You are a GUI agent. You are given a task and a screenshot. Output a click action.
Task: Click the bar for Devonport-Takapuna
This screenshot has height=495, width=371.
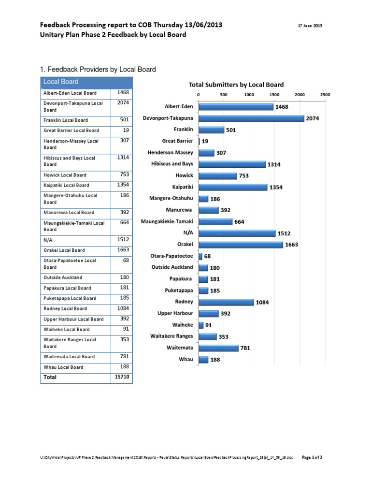click(251, 118)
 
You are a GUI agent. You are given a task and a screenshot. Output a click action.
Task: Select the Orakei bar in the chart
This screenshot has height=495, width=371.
click(241, 245)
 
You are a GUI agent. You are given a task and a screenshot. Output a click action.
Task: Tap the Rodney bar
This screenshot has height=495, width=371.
click(226, 302)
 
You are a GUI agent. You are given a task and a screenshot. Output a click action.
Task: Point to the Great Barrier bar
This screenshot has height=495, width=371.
click(199, 141)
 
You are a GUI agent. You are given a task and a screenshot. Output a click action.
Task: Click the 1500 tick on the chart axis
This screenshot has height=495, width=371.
click(275, 95)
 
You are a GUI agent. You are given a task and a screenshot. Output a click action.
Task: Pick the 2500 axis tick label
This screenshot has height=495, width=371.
click(325, 95)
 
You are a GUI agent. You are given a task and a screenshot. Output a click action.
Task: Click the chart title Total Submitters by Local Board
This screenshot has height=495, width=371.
click(236, 85)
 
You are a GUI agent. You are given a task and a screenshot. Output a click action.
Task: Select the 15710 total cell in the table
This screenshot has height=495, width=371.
click(121, 377)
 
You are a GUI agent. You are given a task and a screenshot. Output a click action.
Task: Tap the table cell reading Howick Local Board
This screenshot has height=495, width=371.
click(65, 175)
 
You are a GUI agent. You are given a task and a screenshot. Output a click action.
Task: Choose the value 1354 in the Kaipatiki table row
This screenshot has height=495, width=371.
click(121, 185)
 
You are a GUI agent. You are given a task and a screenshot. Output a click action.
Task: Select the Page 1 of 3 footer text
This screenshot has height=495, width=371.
click(312, 457)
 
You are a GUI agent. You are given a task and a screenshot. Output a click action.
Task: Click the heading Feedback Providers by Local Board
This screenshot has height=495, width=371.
click(100, 70)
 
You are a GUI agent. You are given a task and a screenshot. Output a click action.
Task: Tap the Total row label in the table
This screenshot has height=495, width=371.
click(50, 377)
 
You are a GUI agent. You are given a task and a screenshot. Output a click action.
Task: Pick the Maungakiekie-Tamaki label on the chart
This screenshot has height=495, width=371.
click(167, 221)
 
